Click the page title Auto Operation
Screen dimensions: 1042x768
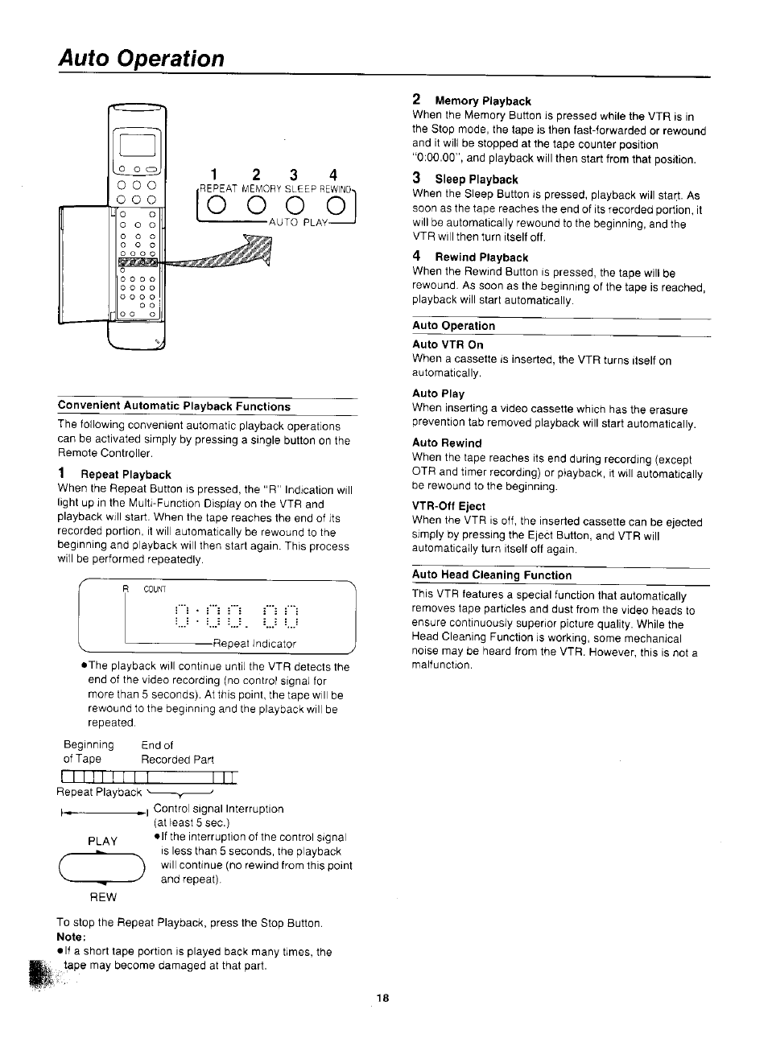tap(141, 59)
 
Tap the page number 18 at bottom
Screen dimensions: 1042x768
tap(383, 998)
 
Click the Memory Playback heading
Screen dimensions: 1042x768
tap(482, 101)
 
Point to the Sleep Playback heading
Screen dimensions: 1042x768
tap(476, 179)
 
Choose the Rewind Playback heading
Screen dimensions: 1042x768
tap(481, 257)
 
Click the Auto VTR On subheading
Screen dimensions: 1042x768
tap(448, 344)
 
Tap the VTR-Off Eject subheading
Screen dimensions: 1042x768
tap(448, 506)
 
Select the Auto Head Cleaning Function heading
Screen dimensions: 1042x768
tap(492, 575)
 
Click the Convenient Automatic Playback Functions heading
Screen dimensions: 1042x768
tap(174, 406)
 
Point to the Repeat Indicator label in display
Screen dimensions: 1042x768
tap(254, 644)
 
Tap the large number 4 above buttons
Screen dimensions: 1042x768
tap(332, 175)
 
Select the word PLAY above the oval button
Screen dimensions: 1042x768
tap(103, 841)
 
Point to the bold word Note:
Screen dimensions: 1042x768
tap(71, 937)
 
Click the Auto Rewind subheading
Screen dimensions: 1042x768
tap(447, 443)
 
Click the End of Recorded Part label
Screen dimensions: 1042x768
tap(177, 752)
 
